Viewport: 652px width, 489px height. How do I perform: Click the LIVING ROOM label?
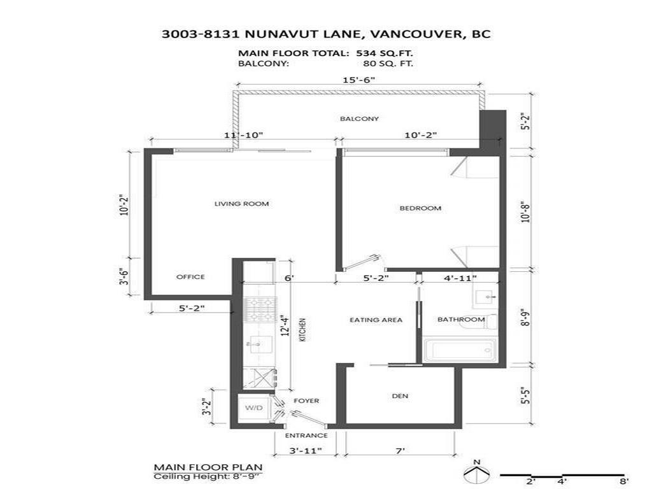241,204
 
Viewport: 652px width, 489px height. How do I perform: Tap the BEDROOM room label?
420,208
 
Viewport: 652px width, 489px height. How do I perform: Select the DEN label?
400,396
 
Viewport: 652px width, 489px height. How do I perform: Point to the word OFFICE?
190,276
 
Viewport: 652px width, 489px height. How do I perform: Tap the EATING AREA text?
376,320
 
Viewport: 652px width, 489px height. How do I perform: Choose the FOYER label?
306,400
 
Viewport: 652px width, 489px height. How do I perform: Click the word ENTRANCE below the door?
306,436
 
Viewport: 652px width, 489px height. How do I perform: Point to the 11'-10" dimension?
243,135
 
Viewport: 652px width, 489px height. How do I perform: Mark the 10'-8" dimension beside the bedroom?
525,211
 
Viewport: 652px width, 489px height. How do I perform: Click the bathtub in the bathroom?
460,350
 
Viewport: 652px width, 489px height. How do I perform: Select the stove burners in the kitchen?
260,310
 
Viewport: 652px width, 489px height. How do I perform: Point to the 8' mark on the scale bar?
623,482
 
